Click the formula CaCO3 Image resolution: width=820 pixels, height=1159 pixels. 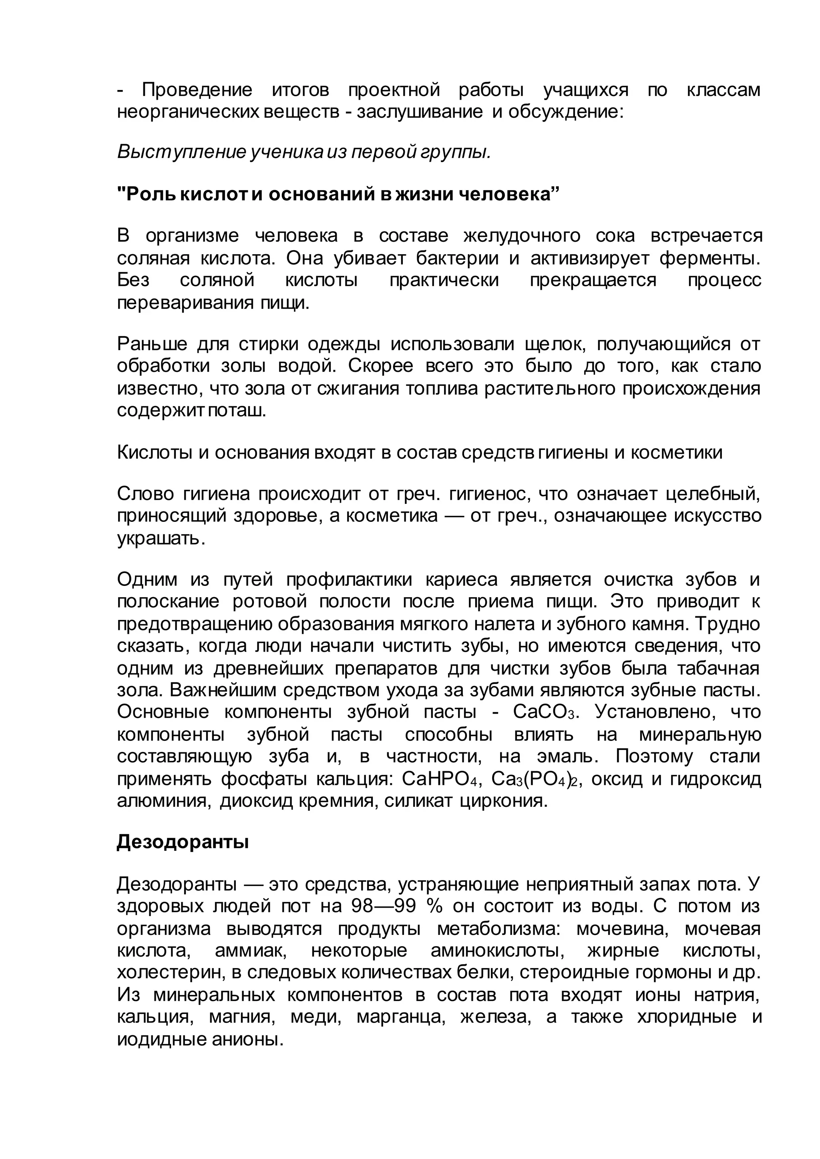pyautogui.click(x=544, y=712)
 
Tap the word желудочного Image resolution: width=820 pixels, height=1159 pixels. pyautogui.click(x=522, y=235)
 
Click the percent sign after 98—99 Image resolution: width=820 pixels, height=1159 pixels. pyautogui.click(x=434, y=906)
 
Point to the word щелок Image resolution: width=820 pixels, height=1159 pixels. pyautogui.click(x=555, y=344)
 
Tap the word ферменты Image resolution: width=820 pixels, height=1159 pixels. pyautogui.click(x=709, y=258)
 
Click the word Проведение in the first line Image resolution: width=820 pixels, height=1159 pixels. pyautogui.click(x=197, y=90)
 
